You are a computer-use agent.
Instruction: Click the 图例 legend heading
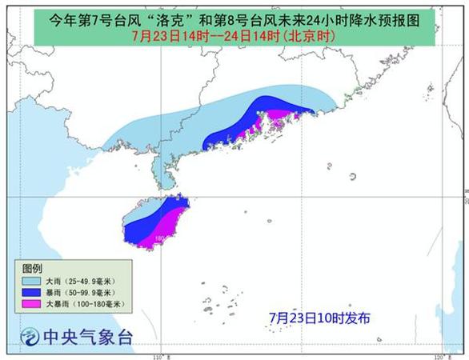[32, 268]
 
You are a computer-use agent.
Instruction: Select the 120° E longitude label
[438, 355]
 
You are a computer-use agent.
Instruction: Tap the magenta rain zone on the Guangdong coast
[276, 120]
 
